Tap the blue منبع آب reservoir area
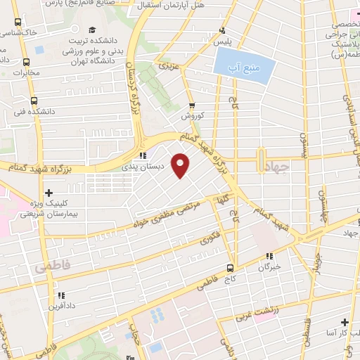(242, 68)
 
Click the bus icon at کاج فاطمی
(230, 268)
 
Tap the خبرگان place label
(269, 267)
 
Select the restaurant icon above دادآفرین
(60, 296)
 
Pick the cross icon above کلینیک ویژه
(48, 192)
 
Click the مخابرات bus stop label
(27, 72)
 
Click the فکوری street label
(209, 238)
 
